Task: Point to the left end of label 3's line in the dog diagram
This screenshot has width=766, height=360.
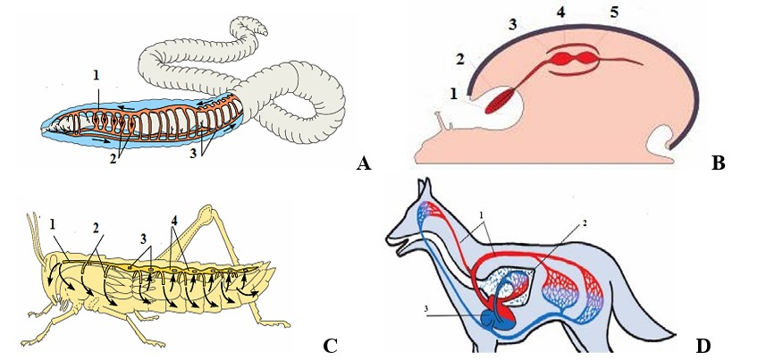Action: pyautogui.click(x=426, y=315)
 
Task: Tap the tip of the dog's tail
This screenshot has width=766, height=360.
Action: pyautogui.click(x=675, y=336)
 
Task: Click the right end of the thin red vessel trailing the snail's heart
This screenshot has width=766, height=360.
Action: pyautogui.click(x=643, y=64)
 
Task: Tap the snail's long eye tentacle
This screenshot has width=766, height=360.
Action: pyautogui.click(x=442, y=121)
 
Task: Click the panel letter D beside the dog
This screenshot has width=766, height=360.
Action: pyautogui.click(x=702, y=346)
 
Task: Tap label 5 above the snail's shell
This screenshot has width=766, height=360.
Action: pyautogui.click(x=614, y=13)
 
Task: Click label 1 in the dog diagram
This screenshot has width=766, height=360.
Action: pyautogui.click(x=482, y=214)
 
